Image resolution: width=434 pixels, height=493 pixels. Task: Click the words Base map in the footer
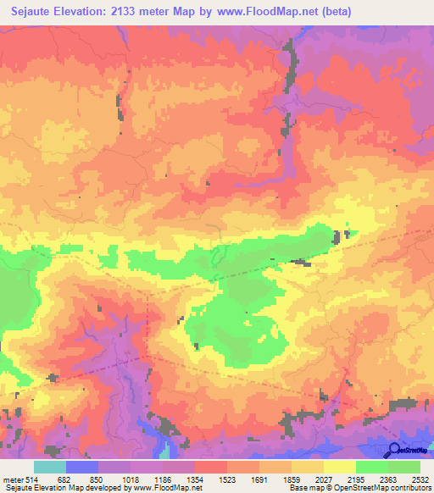(x=304, y=488)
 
